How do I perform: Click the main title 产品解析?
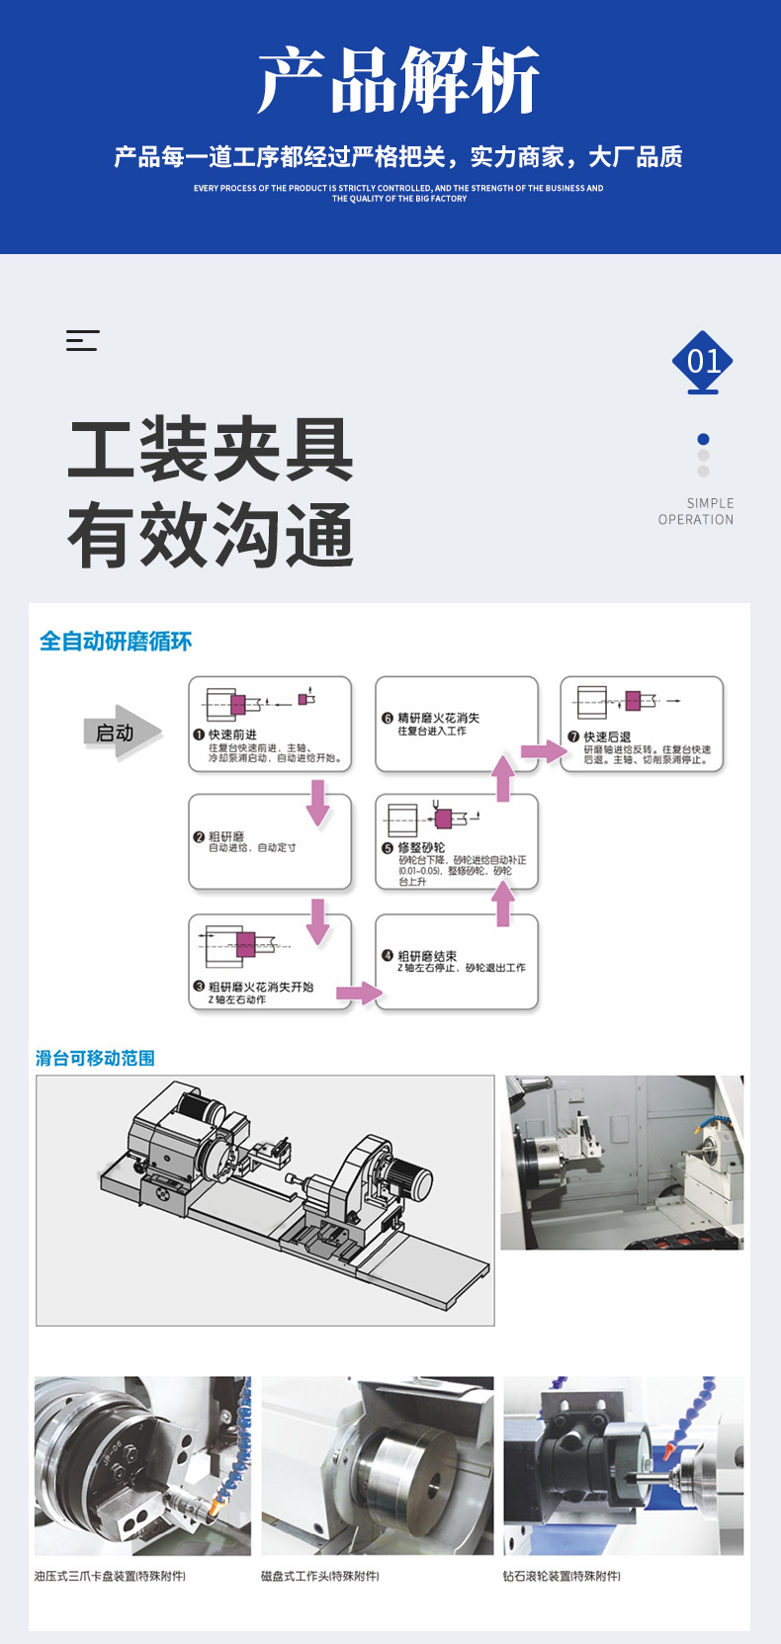click(x=398, y=81)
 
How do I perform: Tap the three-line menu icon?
click(x=82, y=340)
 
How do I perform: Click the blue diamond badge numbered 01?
click(x=702, y=361)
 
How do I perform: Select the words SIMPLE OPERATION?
click(x=696, y=511)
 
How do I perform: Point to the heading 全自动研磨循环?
click(x=116, y=642)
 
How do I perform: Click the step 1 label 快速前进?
click(x=232, y=735)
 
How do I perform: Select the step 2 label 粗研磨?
click(x=226, y=836)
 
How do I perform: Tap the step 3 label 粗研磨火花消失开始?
click(x=261, y=987)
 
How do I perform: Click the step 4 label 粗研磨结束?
click(x=427, y=956)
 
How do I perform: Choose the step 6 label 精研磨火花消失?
click(x=438, y=718)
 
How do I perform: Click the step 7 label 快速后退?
click(x=607, y=736)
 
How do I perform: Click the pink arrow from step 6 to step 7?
click(x=543, y=751)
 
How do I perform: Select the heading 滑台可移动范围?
click(x=95, y=1058)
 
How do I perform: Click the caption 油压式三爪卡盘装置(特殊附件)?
click(x=110, y=1576)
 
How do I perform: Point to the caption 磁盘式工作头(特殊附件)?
click(x=319, y=1576)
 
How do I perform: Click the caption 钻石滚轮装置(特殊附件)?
click(x=562, y=1576)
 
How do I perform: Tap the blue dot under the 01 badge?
click(x=703, y=439)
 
